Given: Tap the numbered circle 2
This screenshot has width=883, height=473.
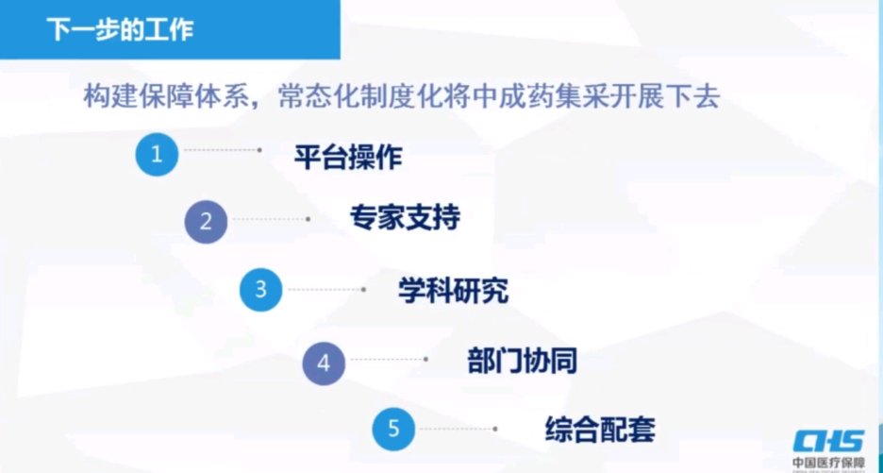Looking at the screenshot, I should pyautogui.click(x=206, y=222).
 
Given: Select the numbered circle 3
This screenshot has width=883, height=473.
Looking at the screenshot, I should pyautogui.click(x=261, y=290).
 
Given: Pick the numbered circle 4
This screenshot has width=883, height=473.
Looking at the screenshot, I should pyautogui.click(x=324, y=363).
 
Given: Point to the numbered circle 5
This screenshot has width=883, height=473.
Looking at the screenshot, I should pyautogui.click(x=393, y=430).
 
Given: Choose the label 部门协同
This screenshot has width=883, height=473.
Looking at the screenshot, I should pyautogui.click(x=522, y=361).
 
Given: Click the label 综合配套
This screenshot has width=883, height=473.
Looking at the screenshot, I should pyautogui.click(x=600, y=430).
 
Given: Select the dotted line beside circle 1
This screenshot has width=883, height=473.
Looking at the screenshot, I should pyautogui.click(x=223, y=150).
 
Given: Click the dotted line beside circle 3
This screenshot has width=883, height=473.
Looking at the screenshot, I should pyautogui.click(x=326, y=290).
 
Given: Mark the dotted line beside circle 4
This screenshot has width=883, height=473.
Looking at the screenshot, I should pyautogui.click(x=389, y=360).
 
